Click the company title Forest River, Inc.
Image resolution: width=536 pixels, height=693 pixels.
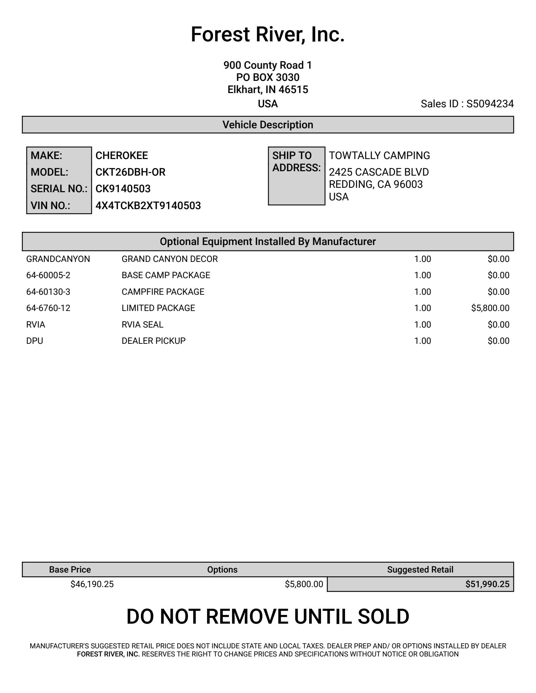(267, 35)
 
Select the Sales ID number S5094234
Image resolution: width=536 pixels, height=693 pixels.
(490, 104)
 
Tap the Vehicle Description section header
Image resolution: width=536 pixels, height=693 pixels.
(267, 125)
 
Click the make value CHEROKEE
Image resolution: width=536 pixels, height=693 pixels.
(122, 156)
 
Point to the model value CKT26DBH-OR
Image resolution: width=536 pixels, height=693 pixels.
(130, 172)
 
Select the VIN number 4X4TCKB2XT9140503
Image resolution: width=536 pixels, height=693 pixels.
(148, 206)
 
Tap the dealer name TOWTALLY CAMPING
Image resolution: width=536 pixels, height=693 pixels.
(379, 156)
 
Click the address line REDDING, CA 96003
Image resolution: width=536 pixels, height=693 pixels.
(376, 184)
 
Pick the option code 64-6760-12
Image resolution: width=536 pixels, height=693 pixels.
(48, 308)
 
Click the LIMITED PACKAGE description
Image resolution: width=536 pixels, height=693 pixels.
(158, 308)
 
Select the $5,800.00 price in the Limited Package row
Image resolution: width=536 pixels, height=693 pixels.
(490, 308)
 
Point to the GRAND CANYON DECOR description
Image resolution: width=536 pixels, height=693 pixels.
(169, 259)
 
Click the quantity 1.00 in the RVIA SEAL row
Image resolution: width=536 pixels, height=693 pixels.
(422, 325)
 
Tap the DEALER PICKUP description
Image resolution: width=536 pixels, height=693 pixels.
(153, 341)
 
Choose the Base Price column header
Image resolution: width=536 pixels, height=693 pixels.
(70, 570)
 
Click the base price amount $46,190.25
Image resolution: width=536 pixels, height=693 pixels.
(92, 584)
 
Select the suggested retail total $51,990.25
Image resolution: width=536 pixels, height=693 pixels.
(487, 584)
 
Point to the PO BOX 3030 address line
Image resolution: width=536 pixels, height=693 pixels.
(267, 77)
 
